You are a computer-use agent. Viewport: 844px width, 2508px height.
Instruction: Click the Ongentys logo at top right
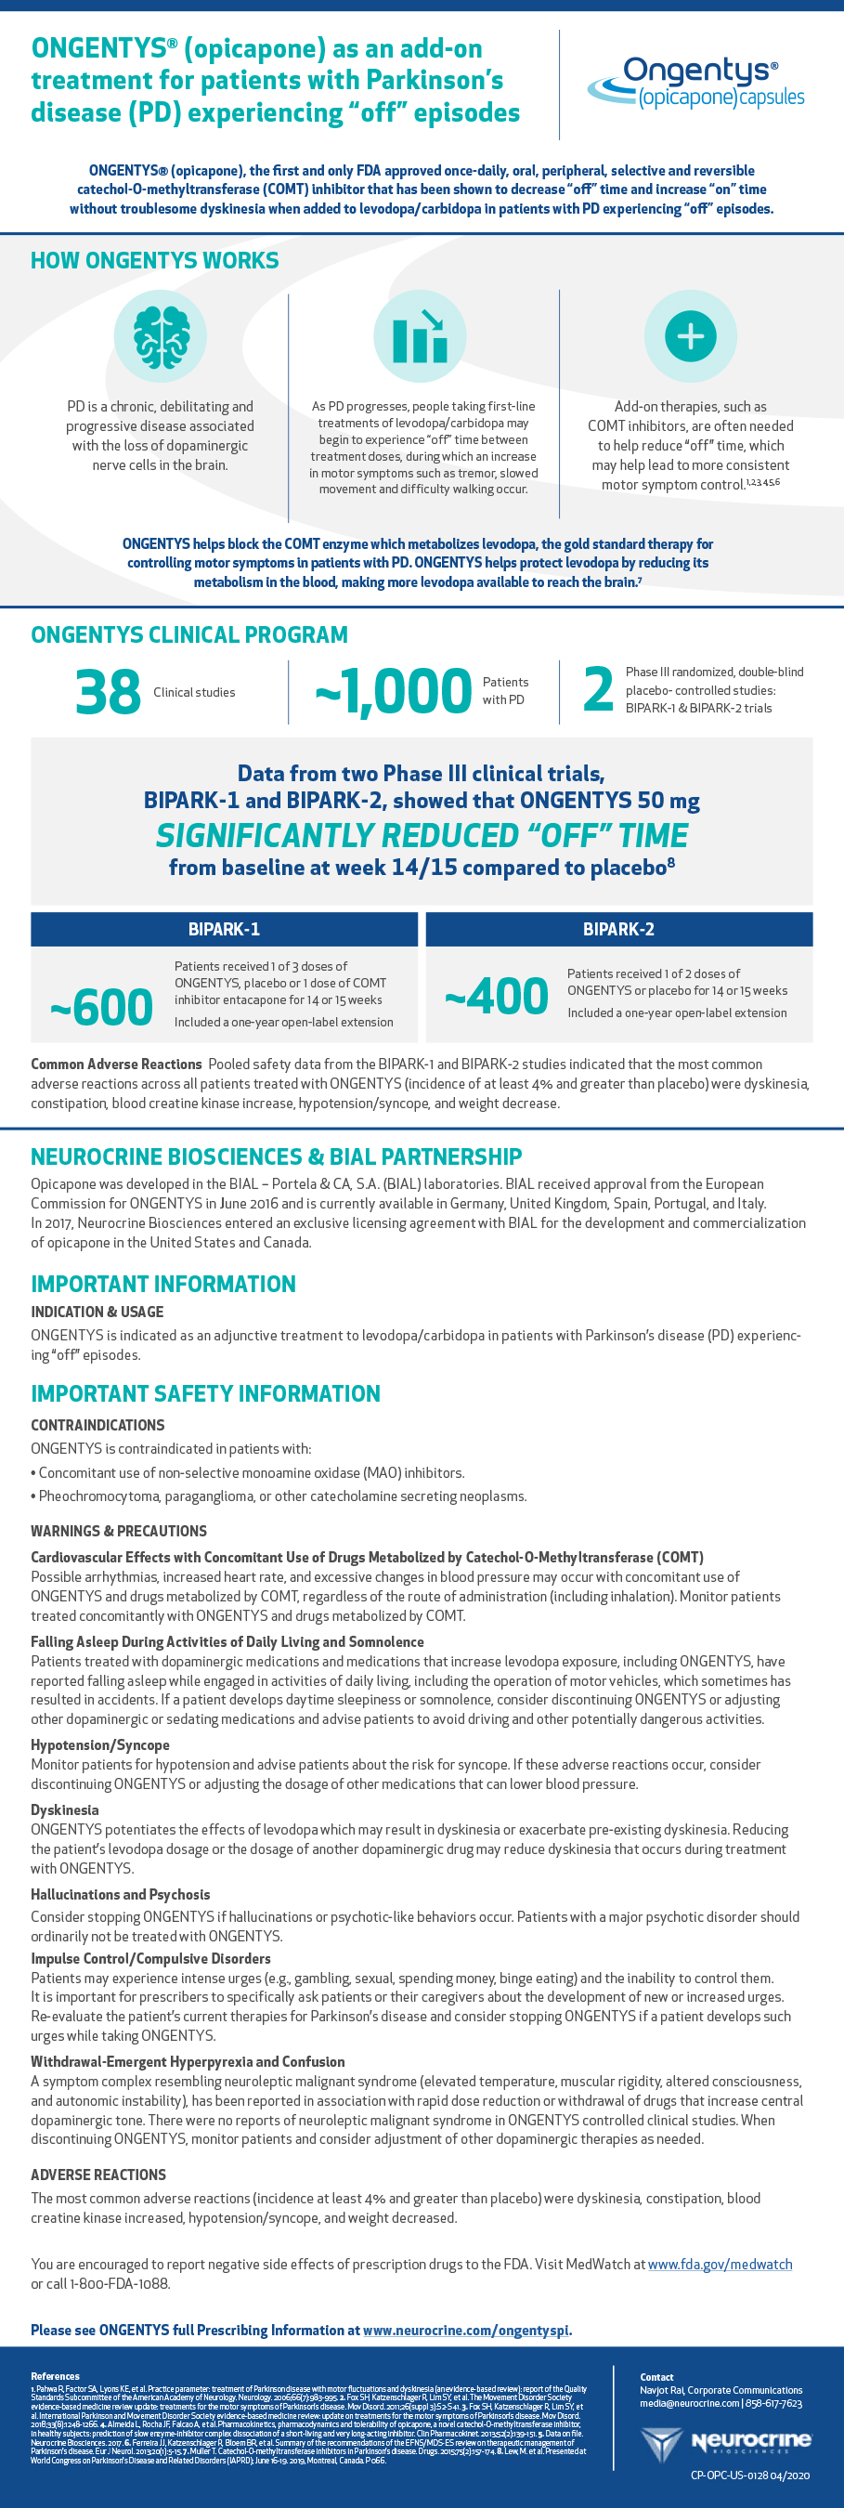696,83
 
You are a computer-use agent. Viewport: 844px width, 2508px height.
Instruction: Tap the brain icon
161,336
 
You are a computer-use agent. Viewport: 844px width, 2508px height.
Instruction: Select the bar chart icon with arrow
420,336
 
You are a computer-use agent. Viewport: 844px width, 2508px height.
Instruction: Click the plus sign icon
690,336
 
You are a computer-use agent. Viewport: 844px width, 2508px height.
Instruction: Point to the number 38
108,692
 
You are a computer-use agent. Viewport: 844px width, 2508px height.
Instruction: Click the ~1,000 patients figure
394,691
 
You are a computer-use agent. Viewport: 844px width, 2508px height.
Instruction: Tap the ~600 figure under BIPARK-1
101,1007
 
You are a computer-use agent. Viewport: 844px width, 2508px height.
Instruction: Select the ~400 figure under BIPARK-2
497,996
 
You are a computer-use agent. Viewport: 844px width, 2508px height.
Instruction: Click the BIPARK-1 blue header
224,929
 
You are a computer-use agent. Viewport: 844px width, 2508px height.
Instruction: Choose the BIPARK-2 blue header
618,929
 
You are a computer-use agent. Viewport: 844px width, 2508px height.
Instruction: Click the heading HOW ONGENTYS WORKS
155,261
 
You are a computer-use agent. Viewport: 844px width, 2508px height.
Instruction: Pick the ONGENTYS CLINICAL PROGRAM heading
188,634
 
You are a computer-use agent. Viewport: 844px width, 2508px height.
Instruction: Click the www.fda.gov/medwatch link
720,2265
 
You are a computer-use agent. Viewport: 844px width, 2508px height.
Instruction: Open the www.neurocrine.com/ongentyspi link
466,2330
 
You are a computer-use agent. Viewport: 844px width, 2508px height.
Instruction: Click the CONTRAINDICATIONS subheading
97,1425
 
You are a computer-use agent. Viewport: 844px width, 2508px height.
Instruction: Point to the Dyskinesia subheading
64,1809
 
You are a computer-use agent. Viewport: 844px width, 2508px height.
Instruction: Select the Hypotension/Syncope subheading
99,1744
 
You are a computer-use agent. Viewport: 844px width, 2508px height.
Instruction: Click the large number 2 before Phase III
598,689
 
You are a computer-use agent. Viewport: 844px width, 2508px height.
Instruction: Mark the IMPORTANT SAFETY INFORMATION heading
205,1393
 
